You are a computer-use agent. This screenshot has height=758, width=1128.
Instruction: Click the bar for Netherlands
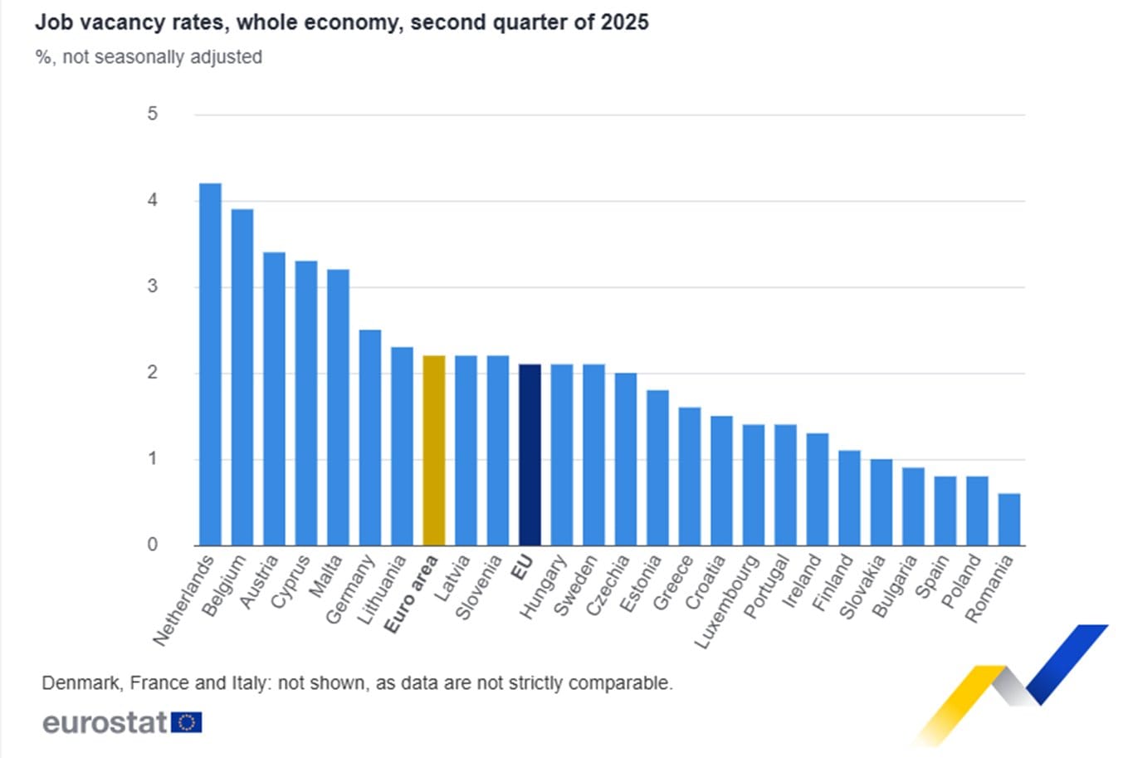(210, 364)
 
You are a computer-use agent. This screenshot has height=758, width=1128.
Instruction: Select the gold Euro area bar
(434, 451)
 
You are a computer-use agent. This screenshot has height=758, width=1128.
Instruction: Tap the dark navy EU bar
(530, 455)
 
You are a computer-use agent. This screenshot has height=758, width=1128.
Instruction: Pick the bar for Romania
(1009, 520)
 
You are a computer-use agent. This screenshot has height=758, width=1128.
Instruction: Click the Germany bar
(370, 438)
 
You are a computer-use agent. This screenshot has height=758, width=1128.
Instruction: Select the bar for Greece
(690, 477)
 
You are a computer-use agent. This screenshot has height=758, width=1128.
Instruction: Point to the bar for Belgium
(242, 378)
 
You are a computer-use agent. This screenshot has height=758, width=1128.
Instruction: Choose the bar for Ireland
(818, 489)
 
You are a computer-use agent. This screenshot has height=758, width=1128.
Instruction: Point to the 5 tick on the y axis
(153, 114)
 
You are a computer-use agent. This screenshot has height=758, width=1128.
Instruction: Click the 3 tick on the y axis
(153, 286)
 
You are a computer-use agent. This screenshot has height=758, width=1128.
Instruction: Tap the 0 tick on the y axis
(153, 545)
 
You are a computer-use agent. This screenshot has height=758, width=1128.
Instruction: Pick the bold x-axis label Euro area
(412, 594)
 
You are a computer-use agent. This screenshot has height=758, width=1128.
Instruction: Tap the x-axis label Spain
(931, 577)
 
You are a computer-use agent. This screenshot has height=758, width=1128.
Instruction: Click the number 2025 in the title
(625, 22)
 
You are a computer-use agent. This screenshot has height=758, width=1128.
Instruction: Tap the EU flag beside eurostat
(187, 722)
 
